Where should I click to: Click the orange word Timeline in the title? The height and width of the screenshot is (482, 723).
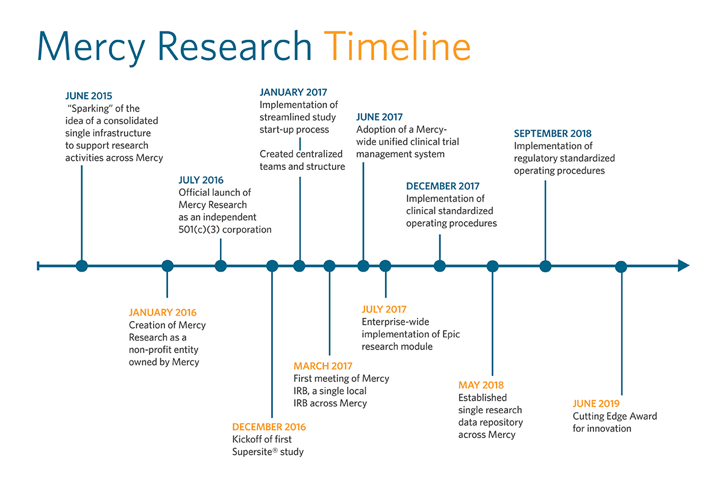(396, 46)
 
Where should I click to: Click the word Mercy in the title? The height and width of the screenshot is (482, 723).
(96, 46)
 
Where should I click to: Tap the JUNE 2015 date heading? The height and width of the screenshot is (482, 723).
(89, 96)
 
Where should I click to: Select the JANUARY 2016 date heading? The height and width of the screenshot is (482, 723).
(163, 313)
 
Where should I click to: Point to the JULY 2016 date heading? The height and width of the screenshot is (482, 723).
(201, 180)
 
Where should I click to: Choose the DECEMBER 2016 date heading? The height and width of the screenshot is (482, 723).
(269, 427)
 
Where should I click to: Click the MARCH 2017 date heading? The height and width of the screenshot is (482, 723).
(323, 366)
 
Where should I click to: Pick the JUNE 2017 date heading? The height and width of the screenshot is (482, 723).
(379, 117)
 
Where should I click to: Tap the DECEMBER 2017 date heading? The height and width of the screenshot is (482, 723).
(443, 186)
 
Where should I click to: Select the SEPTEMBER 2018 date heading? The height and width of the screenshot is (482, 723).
(552, 134)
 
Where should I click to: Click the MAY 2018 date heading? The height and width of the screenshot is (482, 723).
(481, 385)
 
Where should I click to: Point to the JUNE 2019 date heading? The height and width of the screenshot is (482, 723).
(596, 404)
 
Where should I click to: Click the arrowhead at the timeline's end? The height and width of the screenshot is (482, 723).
(683, 266)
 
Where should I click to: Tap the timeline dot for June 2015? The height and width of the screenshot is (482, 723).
(82, 266)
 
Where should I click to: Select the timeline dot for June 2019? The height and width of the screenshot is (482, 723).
(621, 266)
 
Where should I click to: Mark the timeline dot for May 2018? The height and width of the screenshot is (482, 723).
(493, 266)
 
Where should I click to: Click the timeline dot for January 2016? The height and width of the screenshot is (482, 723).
(167, 266)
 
